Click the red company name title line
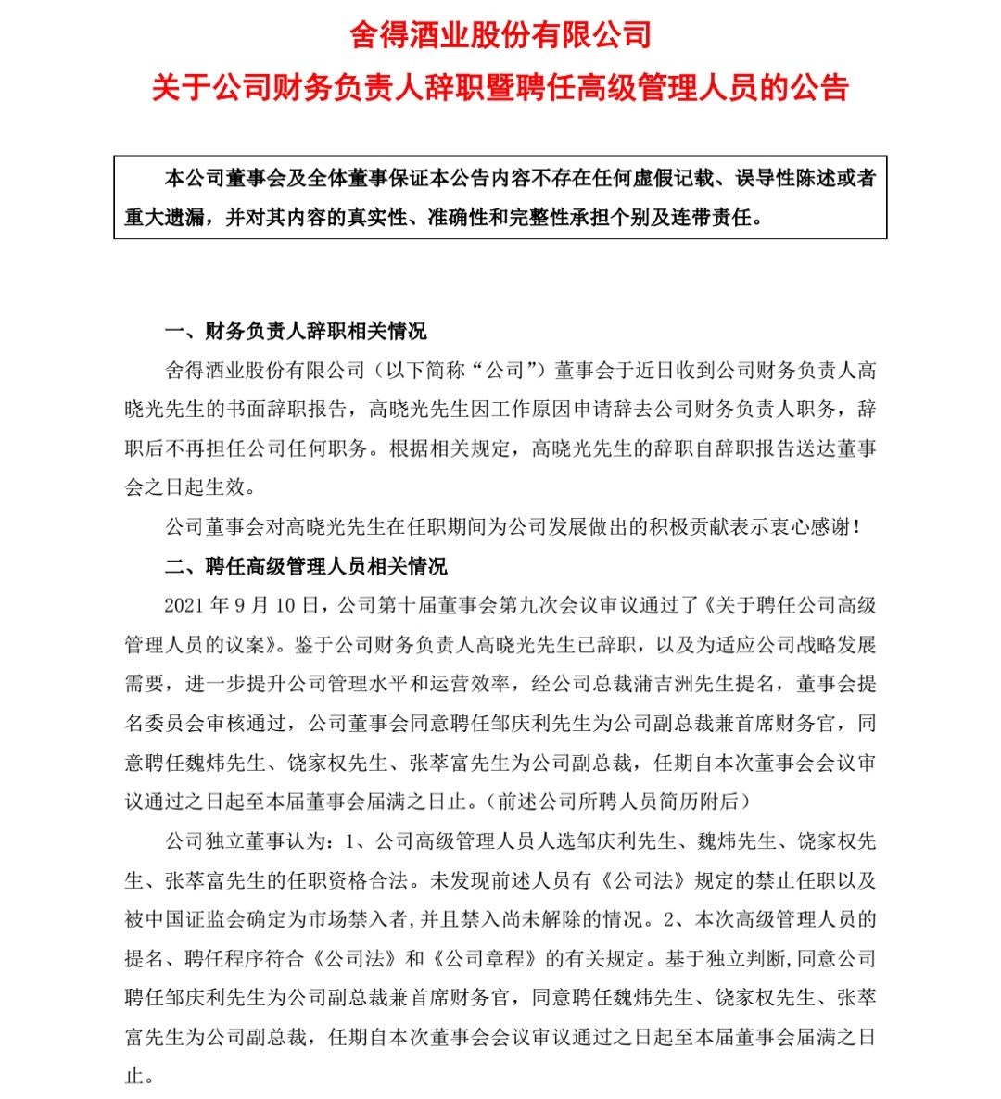[x=500, y=36]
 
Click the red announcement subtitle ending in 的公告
[x=500, y=88]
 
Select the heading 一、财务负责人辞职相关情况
[x=296, y=332]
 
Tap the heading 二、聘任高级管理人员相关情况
[x=306, y=566]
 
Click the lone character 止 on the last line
[x=135, y=1076]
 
